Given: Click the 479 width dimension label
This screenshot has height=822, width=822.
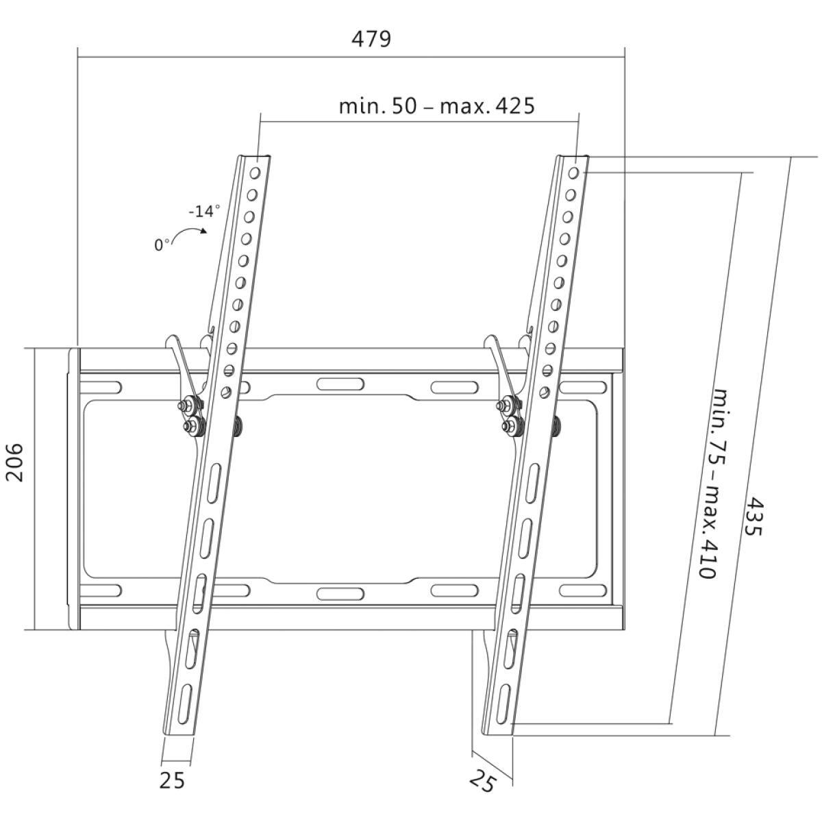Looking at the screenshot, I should coord(371,38).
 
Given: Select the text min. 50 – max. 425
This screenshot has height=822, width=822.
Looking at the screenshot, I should coord(436,106).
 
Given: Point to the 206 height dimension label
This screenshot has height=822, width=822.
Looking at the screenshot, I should coord(15,462).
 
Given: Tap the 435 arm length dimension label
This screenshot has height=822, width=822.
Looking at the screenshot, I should coord(753,517).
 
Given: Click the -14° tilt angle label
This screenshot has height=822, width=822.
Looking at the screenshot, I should coord(204,211).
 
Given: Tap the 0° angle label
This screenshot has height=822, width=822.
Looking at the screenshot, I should coord(162,245).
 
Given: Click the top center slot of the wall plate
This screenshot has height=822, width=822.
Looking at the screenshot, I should coord(340,384).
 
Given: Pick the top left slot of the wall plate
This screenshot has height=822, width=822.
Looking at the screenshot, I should coord(101,387).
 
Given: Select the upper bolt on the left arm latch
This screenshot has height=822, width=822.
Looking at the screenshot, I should coord(184,406).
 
